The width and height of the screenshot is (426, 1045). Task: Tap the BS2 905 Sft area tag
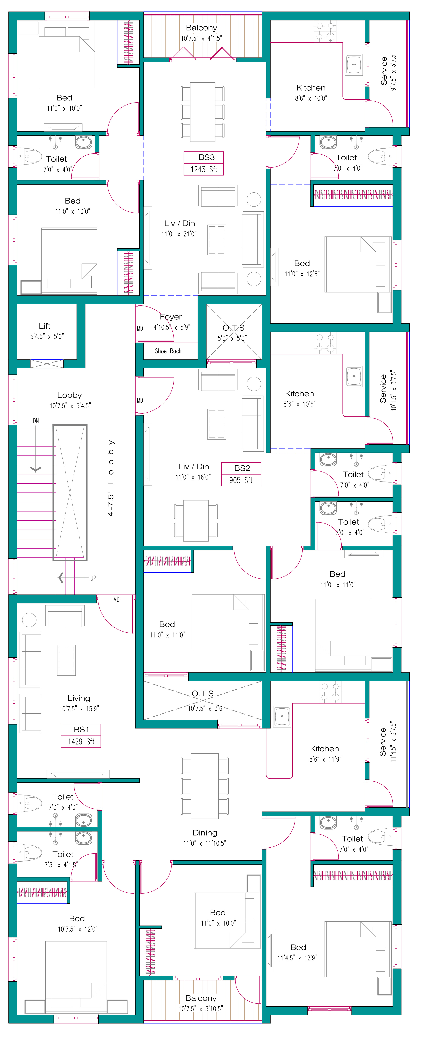point(241,474)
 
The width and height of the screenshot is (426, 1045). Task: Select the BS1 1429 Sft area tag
point(81,736)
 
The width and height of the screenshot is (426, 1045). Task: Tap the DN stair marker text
point(36,421)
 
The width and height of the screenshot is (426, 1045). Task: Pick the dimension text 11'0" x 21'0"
point(179,234)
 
